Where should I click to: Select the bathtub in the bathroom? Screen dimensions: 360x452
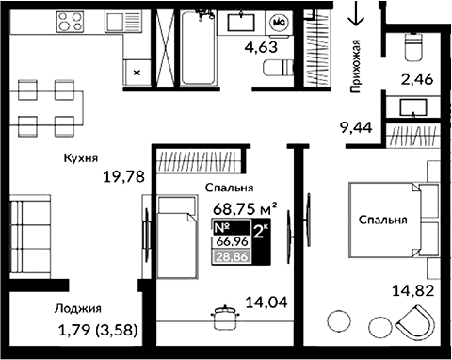[198, 47]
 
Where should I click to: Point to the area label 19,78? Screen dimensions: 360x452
[122, 174]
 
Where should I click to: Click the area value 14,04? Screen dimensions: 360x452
[266, 303]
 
